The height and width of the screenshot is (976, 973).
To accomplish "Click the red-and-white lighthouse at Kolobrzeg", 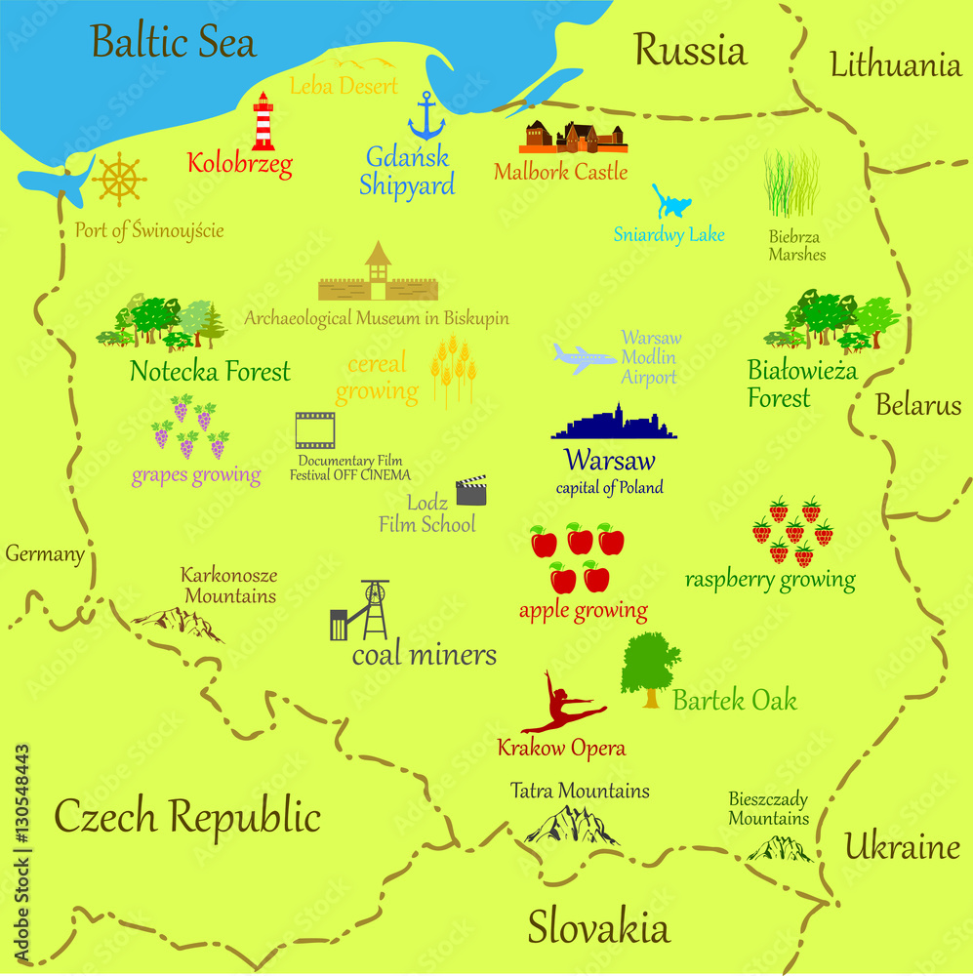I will click(x=263, y=122).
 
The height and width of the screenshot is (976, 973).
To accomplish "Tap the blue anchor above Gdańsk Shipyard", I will click(x=426, y=116).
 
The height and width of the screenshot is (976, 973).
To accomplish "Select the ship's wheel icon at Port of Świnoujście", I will click(x=119, y=179).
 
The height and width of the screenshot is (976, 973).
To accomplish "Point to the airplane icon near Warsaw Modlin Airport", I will click(x=585, y=358).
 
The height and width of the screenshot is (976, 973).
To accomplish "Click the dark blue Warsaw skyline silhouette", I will click(x=613, y=424).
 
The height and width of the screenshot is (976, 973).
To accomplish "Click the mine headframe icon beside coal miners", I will click(x=362, y=611).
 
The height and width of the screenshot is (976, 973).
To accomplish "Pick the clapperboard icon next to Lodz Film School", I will click(x=471, y=490).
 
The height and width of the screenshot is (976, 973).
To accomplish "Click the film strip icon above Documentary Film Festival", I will click(x=315, y=430).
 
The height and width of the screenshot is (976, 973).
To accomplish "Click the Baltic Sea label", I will click(x=174, y=42).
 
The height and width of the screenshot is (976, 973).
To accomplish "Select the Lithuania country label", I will click(x=895, y=65).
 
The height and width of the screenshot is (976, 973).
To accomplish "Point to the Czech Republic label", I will click(x=186, y=816).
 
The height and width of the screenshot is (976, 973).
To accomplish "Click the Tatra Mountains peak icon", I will click(x=572, y=826).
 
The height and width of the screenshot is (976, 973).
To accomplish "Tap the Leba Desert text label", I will click(x=344, y=86).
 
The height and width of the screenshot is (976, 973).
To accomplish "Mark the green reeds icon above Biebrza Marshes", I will click(x=791, y=183).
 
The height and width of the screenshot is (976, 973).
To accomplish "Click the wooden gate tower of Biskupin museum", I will click(x=378, y=271).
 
